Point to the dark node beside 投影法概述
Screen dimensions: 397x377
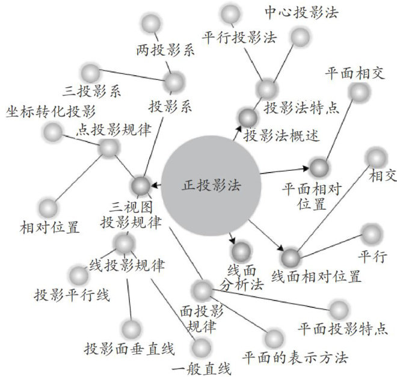[247, 117]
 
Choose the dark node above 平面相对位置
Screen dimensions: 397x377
[318, 168]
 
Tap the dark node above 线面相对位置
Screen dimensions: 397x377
[291, 257]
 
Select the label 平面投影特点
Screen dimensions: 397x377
[340, 329]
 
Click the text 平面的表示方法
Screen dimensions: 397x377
[295, 357]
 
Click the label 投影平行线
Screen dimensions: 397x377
[72, 295]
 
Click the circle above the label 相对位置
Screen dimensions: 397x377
[49, 208]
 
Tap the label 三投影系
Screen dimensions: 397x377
[92, 91]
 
